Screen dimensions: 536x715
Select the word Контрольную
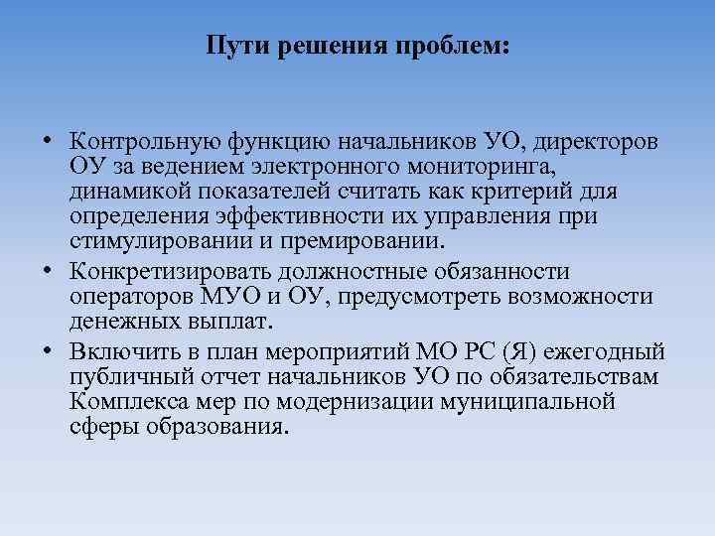pyautogui.click(x=139, y=142)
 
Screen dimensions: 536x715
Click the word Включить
pyautogui.click(x=118, y=353)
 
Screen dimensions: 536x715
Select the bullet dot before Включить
pyautogui.click(x=49, y=353)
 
